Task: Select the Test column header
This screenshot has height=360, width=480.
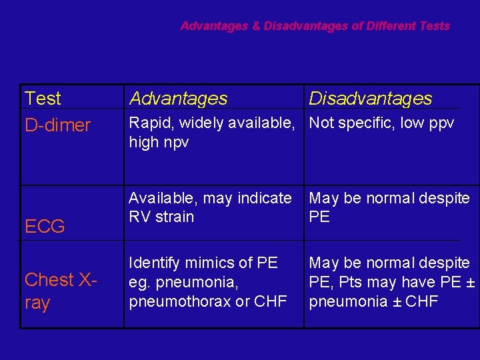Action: click(43, 99)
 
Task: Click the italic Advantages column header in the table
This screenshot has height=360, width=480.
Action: click(178, 99)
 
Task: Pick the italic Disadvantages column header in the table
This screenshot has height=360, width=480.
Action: click(370, 99)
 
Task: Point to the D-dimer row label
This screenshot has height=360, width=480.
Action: click(57, 125)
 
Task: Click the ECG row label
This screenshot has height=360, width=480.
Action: click(45, 227)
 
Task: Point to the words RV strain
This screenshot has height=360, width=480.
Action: click(161, 217)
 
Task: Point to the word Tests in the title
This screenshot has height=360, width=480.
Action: click(435, 27)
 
